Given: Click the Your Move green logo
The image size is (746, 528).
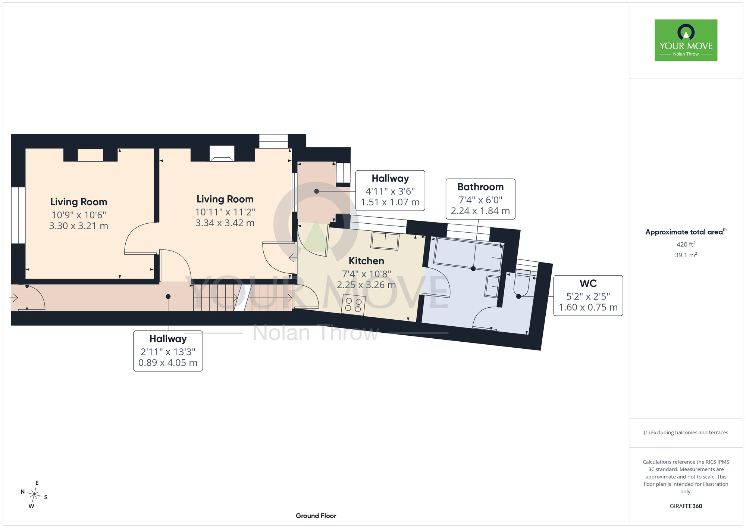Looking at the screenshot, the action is click(x=686, y=40).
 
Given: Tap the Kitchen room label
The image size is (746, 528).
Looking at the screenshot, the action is click(x=366, y=261).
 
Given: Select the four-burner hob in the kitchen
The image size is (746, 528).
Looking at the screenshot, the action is click(x=353, y=305).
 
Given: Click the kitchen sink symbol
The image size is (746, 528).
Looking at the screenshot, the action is click(x=385, y=241).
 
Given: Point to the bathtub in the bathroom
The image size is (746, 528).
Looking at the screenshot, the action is click(x=468, y=254).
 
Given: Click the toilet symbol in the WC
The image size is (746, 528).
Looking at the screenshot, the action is click(x=522, y=282).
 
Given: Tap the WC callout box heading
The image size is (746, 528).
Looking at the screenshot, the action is click(x=588, y=283).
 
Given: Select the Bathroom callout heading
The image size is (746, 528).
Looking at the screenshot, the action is click(x=480, y=187).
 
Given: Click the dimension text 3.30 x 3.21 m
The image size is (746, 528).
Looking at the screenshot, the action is click(x=79, y=226).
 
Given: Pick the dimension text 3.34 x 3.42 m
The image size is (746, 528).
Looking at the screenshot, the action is click(x=225, y=223).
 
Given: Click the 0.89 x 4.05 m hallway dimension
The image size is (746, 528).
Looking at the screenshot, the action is click(x=168, y=363).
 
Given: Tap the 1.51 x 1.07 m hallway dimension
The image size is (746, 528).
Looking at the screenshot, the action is click(x=390, y=202).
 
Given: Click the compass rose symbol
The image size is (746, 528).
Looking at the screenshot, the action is click(x=34, y=495).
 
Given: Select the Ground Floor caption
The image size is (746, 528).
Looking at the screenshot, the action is click(x=316, y=516).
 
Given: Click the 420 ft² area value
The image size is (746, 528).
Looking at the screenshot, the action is click(x=686, y=244).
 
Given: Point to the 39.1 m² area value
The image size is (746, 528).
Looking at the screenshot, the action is click(x=686, y=255).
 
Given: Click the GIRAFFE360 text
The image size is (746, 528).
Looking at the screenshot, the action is click(x=686, y=506).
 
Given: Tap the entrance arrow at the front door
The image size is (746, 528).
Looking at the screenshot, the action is click(x=14, y=298).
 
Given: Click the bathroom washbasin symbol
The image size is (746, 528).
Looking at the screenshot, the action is click(x=492, y=286).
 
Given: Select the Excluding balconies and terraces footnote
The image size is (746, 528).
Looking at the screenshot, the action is click(x=686, y=432).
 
